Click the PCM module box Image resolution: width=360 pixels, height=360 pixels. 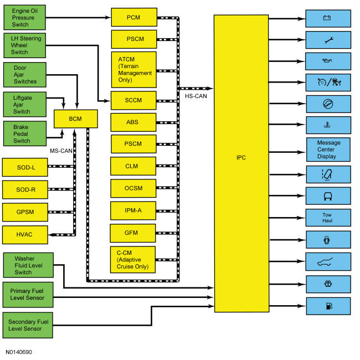click(134, 17)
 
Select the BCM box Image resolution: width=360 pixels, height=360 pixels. click(76, 119)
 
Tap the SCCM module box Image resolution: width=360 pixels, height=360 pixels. click(133, 100)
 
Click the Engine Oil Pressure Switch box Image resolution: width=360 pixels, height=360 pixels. click(24, 18)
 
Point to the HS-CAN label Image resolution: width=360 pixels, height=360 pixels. click(196, 96)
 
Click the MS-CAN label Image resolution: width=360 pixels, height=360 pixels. click(61, 151)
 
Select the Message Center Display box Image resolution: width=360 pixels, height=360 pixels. click(328, 150)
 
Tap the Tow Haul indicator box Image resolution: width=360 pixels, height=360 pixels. click(328, 218)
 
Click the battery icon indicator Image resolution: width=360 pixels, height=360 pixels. click(327, 18)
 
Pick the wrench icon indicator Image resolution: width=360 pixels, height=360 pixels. click(329, 40)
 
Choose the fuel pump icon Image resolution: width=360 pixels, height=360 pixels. click(329, 306)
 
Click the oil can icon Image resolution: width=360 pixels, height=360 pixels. click(327, 61)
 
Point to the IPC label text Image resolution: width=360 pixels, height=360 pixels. click(241, 157)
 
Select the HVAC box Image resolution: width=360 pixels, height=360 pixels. click(25, 235)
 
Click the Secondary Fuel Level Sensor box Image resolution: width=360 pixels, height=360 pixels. click(28, 325)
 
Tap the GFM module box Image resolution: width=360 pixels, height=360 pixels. click(133, 233)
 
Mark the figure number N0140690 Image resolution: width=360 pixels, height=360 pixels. click(19, 352)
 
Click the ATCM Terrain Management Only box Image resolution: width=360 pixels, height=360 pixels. click(134, 70)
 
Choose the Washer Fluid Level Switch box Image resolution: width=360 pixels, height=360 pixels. click(28, 265)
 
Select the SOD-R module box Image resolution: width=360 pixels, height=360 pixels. click(25, 189)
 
